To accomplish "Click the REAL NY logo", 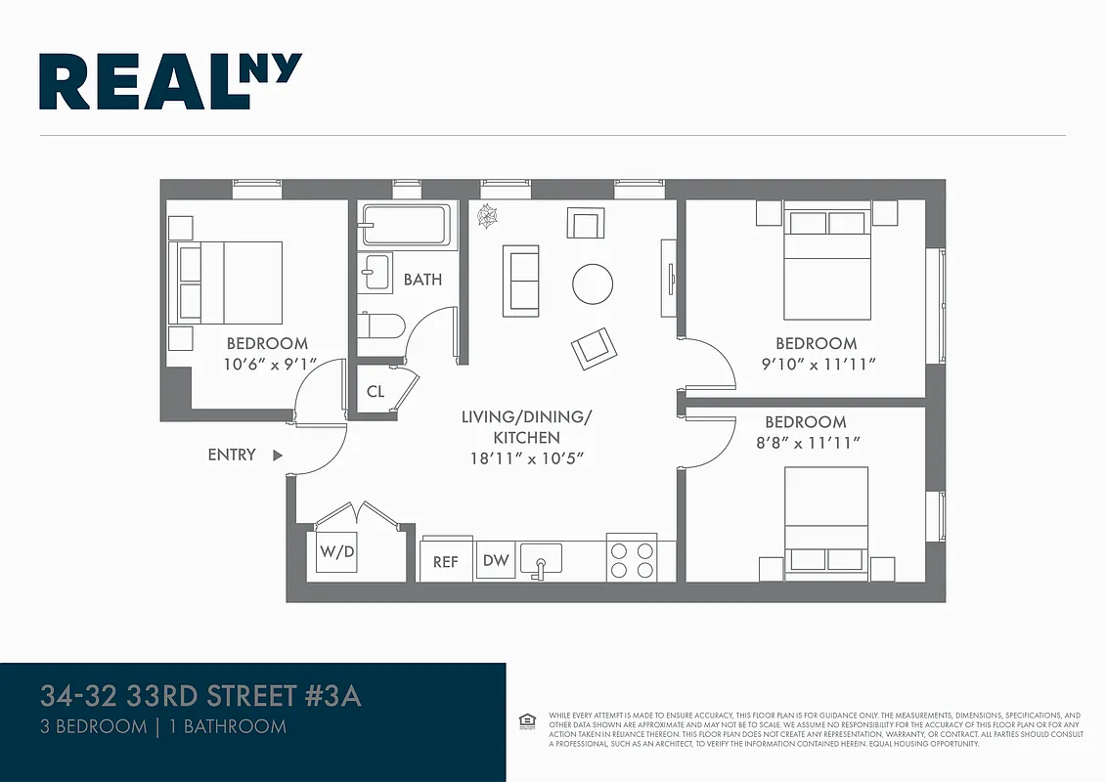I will click(170, 81).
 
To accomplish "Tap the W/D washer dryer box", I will click(337, 553).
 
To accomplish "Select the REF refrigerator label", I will click(446, 562).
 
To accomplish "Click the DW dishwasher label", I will click(496, 561).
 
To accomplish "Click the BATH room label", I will click(422, 280).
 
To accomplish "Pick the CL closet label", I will click(376, 392).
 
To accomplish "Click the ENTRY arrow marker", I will click(278, 455).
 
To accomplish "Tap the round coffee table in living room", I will click(593, 284).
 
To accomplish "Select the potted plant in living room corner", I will click(485, 217).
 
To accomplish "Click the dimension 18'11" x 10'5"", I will click(526, 458).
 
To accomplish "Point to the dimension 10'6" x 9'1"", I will click(267, 364).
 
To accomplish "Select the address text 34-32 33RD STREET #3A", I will click(200, 697).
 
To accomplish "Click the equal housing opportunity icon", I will click(527, 721).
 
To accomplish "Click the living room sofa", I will click(520, 281).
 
